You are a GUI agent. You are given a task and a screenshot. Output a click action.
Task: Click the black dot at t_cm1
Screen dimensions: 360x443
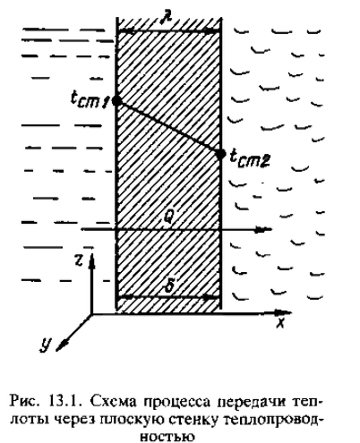coord(116,101)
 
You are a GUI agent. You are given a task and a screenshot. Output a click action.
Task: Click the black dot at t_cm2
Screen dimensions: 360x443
coord(220,154)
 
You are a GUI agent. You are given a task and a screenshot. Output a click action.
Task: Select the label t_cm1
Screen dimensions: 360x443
coord(90,99)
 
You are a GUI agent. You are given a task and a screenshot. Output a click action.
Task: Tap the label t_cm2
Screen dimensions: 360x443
coord(250,158)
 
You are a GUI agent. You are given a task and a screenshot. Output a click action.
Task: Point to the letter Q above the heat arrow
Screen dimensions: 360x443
coord(167,219)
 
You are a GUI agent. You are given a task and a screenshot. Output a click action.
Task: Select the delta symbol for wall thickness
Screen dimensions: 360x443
coord(169,286)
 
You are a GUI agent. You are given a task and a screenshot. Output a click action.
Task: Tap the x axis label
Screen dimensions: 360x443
coord(280,323)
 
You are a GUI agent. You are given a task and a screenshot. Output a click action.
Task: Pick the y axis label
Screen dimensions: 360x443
coord(46,345)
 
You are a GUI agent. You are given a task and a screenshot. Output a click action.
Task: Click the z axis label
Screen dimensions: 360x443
coord(79,261)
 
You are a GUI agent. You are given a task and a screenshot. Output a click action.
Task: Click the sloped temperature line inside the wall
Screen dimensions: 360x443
coord(168,127)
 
